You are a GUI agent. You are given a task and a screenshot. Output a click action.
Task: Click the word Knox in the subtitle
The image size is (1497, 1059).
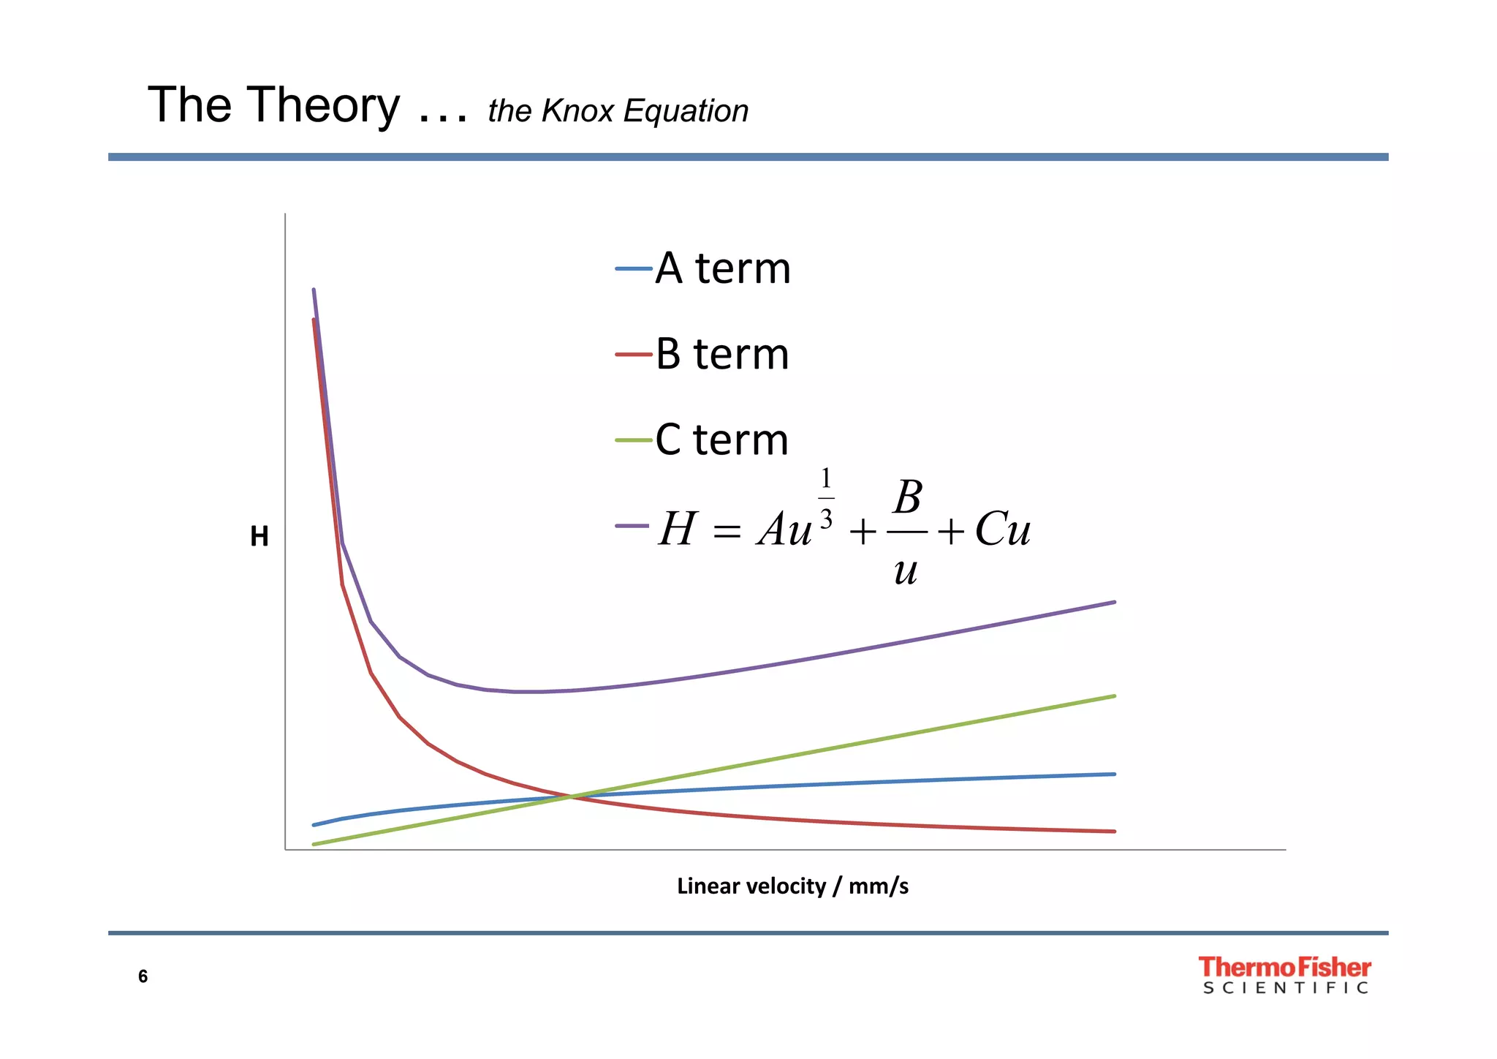coord(577,111)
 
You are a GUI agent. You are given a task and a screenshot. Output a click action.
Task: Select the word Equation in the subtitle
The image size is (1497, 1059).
coord(686,111)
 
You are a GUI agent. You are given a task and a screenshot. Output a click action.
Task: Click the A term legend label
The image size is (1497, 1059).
coord(722,268)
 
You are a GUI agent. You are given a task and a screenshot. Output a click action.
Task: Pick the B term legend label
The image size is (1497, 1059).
coord(722,355)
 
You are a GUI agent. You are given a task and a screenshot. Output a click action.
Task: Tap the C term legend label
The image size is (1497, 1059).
coord(722,440)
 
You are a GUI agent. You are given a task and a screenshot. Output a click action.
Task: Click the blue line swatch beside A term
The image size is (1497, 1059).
coord(633,269)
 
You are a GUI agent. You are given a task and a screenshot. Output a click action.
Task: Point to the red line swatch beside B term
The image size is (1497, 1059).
coord(633,355)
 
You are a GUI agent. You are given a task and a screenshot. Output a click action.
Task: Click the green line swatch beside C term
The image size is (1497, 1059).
coord(633,440)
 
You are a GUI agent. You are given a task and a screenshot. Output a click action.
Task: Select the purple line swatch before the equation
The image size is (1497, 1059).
coord(632,526)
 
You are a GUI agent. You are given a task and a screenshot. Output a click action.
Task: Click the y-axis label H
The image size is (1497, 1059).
coord(259,537)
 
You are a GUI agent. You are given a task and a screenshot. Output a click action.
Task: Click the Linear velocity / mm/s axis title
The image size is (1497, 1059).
coord(792,886)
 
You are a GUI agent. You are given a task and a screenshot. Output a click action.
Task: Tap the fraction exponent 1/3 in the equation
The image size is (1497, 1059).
coord(826,498)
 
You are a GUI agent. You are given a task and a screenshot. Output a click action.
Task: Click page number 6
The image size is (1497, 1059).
coord(143,976)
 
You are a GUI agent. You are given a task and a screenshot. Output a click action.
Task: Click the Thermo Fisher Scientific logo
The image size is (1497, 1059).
coord(1284,975)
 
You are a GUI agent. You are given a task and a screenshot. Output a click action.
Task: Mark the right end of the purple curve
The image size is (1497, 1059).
coord(1113,603)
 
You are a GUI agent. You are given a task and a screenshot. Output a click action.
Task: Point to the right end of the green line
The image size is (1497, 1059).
coord(1113,696)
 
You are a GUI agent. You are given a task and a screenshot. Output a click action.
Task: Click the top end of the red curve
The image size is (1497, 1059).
coord(314,321)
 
